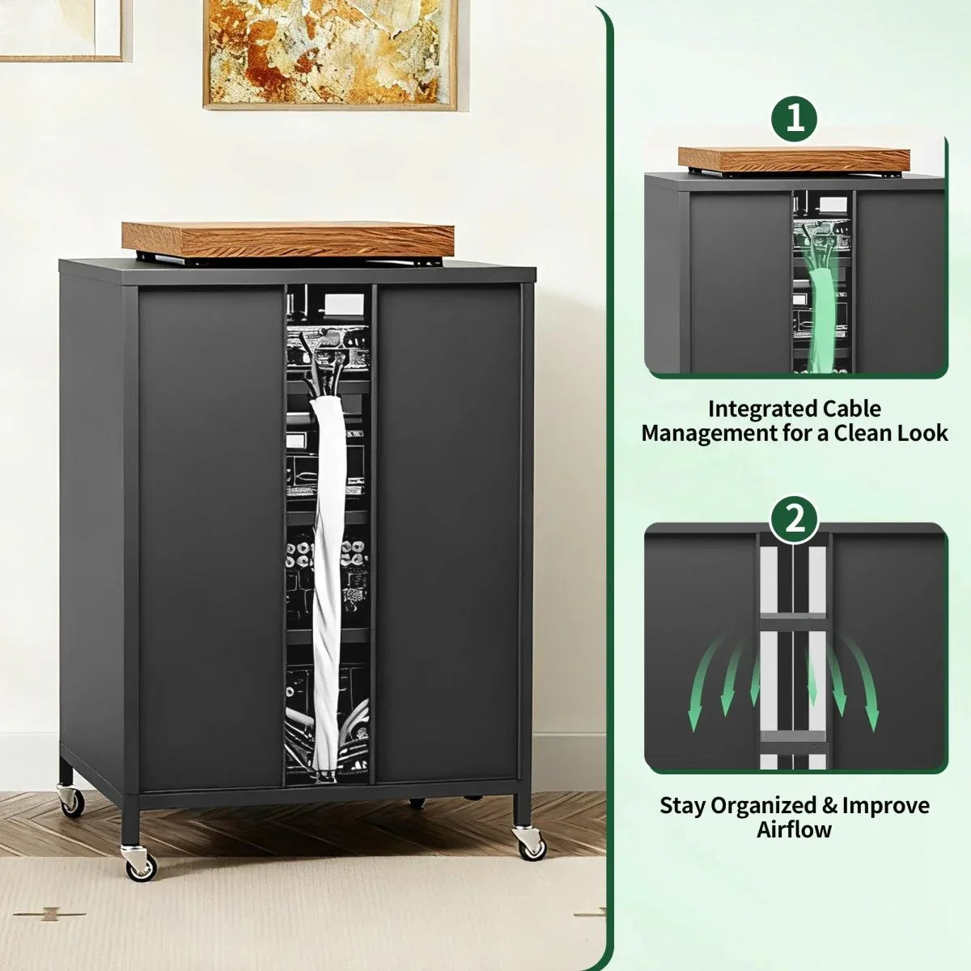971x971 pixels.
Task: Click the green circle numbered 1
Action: (x=795, y=118)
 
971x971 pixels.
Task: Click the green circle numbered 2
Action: (x=795, y=519)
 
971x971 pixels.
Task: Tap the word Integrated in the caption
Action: (x=763, y=409)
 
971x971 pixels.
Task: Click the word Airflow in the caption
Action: (x=795, y=829)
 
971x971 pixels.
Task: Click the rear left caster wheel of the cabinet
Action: (x=71, y=801)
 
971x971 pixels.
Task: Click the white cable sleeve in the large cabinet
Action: (x=328, y=583)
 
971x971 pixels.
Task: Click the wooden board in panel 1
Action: (x=794, y=159)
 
